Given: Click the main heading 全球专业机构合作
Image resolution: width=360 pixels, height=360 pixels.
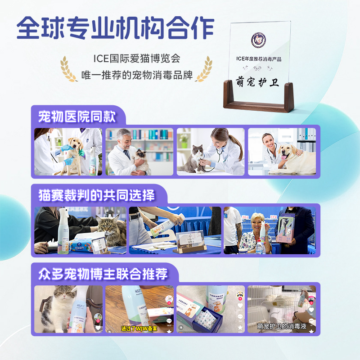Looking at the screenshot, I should coord(115,28).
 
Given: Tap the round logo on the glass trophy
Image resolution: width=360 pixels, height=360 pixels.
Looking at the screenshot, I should coord(259,40).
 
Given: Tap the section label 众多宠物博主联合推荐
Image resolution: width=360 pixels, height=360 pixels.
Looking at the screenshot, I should coord(103,273).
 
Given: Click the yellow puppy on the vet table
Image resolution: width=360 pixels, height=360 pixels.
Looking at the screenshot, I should coord(72,155).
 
